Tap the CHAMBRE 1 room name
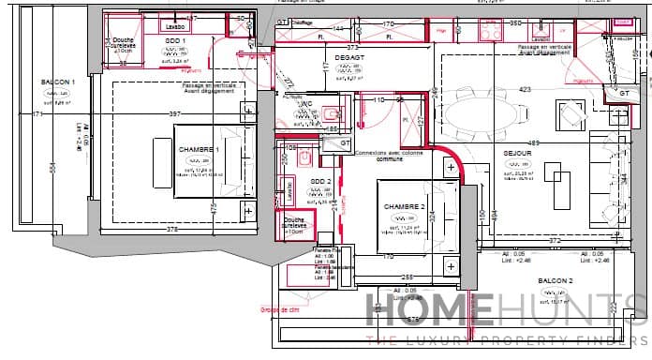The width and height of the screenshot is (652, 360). (198, 150)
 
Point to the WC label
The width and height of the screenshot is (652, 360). (304, 104)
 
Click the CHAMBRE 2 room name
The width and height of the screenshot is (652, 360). (404, 206)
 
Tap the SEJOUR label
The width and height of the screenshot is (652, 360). (517, 153)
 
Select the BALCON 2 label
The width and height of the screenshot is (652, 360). (556, 280)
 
